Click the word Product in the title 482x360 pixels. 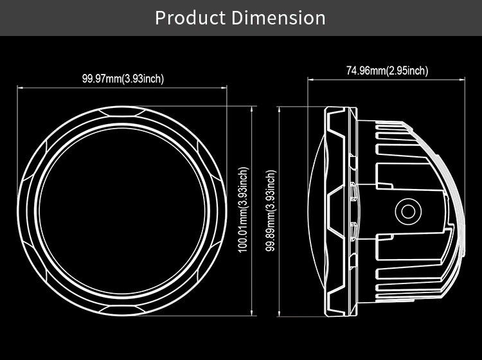point(190,18)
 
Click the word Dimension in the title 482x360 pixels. point(278,18)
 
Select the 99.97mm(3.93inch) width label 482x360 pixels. point(123,78)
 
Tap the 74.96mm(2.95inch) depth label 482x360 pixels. point(387,71)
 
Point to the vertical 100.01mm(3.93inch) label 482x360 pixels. point(243,210)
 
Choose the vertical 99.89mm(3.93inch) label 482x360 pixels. point(271,211)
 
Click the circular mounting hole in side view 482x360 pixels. point(408,212)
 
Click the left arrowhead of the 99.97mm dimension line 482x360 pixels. point(20,88)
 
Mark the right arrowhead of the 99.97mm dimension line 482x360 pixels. point(224,88)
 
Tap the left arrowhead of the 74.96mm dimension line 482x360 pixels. point(310,80)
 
